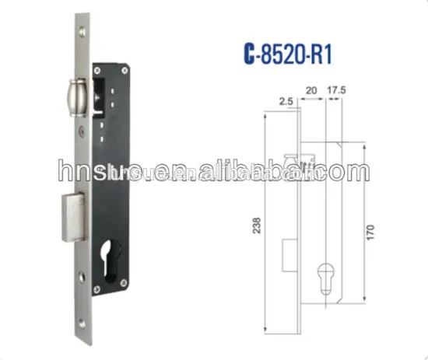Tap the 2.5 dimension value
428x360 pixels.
[x=284, y=100]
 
